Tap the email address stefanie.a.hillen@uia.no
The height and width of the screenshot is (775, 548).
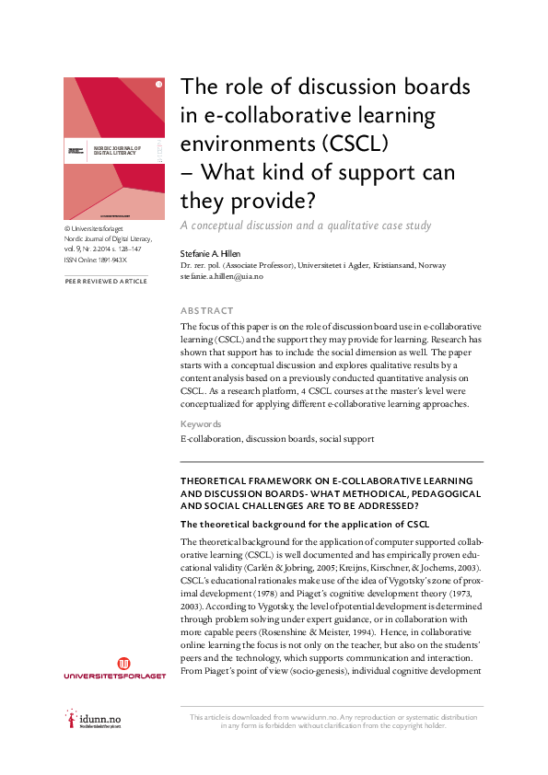point(228,274)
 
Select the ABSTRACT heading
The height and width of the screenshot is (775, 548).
point(207,311)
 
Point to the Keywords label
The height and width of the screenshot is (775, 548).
point(201,424)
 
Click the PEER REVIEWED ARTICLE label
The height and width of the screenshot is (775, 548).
point(105,281)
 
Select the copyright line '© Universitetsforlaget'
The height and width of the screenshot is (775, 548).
point(99,228)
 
